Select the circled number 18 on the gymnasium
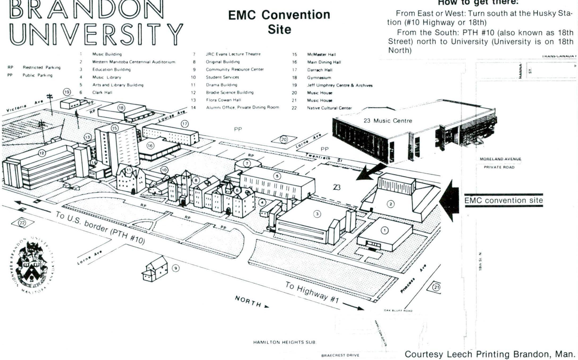(121, 108)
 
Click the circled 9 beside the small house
(176, 268)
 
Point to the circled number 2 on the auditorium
(391, 204)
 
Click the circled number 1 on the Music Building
(384, 231)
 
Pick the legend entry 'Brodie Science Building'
(229, 93)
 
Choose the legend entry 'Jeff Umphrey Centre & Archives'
(340, 85)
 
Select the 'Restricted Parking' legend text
(41, 68)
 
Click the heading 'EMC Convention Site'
(279, 22)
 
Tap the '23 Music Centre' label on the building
(388, 121)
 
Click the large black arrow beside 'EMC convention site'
(449, 201)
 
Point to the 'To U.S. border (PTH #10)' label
(100, 228)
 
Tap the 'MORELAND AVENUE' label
(500, 159)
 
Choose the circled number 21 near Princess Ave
(436, 287)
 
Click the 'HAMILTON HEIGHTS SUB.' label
(285, 342)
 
